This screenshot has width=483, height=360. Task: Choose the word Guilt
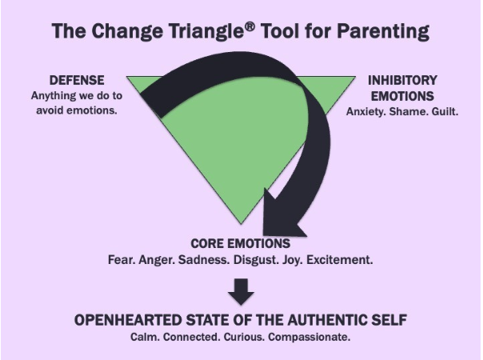(x=445, y=110)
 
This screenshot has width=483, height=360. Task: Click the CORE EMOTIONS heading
(x=240, y=243)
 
